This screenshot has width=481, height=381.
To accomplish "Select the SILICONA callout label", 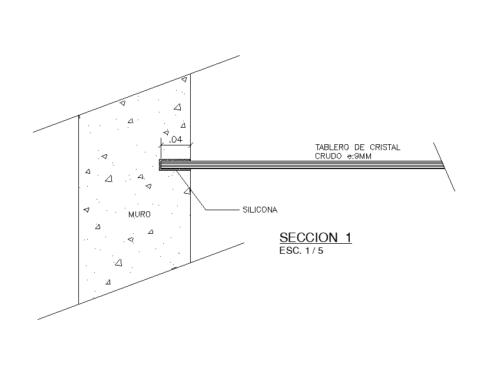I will (260, 209).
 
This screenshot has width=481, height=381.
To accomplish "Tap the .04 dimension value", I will (175, 140).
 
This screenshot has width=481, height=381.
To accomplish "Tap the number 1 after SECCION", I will (348, 238).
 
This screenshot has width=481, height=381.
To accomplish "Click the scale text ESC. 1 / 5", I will (301, 251).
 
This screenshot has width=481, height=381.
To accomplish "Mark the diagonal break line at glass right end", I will (444, 167).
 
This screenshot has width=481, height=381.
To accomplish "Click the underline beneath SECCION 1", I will (315, 244).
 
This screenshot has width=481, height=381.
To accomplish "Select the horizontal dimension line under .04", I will (175, 145).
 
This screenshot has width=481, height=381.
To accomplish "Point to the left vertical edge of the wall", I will (79, 212).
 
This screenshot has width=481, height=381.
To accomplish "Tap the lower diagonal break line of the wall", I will (141, 281).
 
